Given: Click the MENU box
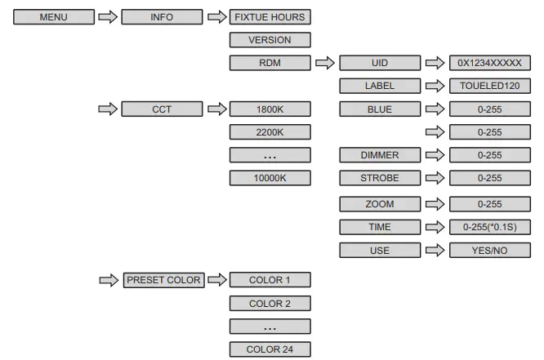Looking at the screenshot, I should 52,16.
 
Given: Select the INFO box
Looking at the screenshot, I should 161,16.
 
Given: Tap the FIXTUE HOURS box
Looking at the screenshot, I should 270,16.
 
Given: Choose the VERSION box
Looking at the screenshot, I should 270,39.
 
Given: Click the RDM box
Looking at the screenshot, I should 270,62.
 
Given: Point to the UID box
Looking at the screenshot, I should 379,62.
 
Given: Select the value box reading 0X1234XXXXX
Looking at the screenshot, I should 489,62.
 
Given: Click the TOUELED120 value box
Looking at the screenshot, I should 489,85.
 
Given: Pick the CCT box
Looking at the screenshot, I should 161,109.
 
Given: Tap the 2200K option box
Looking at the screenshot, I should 270,131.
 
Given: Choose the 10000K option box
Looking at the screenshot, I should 270,177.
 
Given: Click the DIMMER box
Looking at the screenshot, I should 379,154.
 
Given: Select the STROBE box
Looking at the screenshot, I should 379,177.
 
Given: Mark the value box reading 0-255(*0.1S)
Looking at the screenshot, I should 489,228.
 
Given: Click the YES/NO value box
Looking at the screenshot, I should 489,251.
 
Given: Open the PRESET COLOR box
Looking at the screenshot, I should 163,280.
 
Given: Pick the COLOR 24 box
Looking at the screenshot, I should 270,349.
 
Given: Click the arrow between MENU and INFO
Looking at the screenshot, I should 107,16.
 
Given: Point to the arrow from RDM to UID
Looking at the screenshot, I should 325,62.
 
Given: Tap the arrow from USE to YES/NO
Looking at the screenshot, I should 434,251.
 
